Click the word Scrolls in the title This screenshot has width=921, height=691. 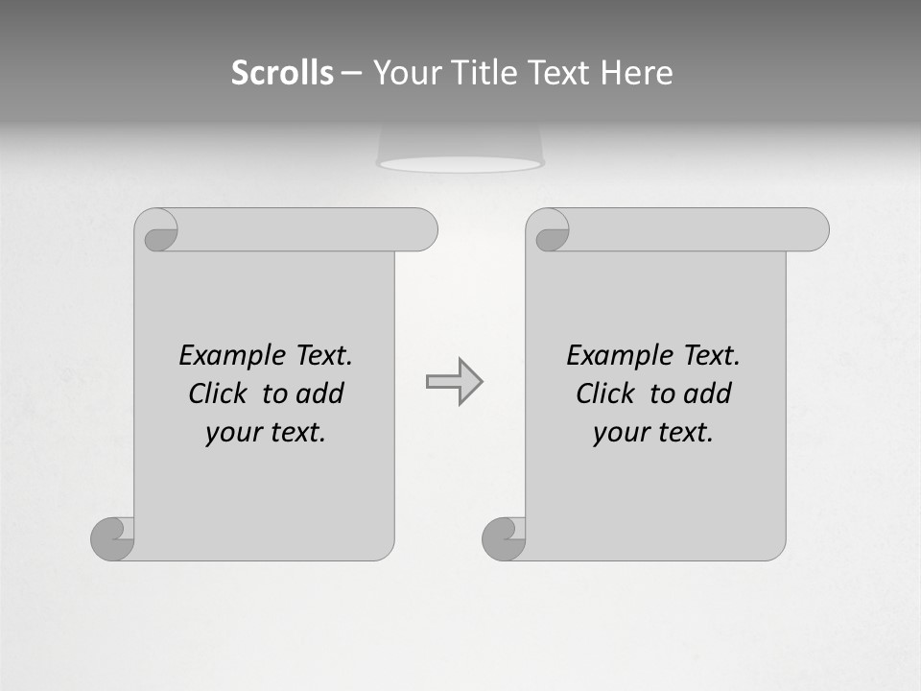pyautogui.click(x=282, y=73)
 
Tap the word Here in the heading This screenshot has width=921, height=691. pyautogui.click(x=636, y=73)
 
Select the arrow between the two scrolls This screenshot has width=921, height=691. pyautogui.click(x=454, y=382)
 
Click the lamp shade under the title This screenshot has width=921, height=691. pyautogui.click(x=460, y=149)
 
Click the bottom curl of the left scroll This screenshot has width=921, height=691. pyautogui.click(x=111, y=538)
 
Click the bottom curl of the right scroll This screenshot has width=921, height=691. pyautogui.click(x=503, y=538)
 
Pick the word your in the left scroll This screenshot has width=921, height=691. pyautogui.click(x=230, y=434)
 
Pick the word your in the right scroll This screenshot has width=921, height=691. pyautogui.click(x=618, y=434)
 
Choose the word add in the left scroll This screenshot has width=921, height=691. pyautogui.click(x=320, y=393)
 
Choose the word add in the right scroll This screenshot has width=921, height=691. pyautogui.click(x=708, y=393)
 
